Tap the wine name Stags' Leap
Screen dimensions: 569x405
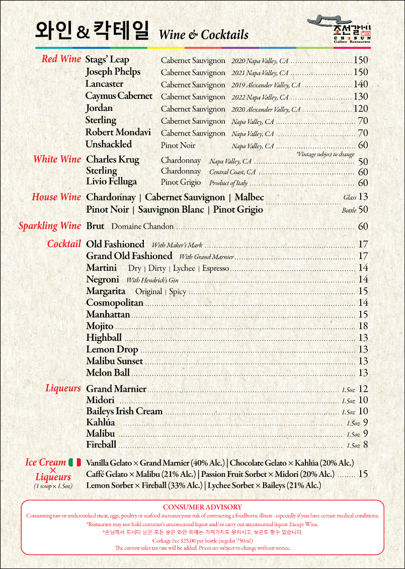tap(107, 60)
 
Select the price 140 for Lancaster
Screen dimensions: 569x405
tap(361, 84)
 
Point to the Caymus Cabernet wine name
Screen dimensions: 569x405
tap(119, 96)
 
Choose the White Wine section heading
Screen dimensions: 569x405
tap(57, 159)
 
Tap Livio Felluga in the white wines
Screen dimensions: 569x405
tap(111, 181)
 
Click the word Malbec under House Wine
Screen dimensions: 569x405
tap(249, 197)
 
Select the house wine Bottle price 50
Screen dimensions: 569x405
tap(363, 209)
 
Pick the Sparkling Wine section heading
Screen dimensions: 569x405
tap(49, 226)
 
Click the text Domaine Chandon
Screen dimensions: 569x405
tap(142, 226)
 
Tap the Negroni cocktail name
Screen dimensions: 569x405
tap(103, 279)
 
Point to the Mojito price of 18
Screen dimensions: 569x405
tap(363, 326)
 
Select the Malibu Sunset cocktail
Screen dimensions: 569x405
tap(114, 361)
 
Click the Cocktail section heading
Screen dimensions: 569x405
tap(64, 244)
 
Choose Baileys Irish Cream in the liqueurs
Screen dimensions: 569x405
tap(124, 411)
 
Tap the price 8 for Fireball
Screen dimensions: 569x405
tap(366, 445)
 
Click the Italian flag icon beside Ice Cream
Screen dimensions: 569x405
tap(74, 462)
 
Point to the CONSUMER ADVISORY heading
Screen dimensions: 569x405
tap(202, 507)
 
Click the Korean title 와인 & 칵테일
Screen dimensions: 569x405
tap(92, 31)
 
